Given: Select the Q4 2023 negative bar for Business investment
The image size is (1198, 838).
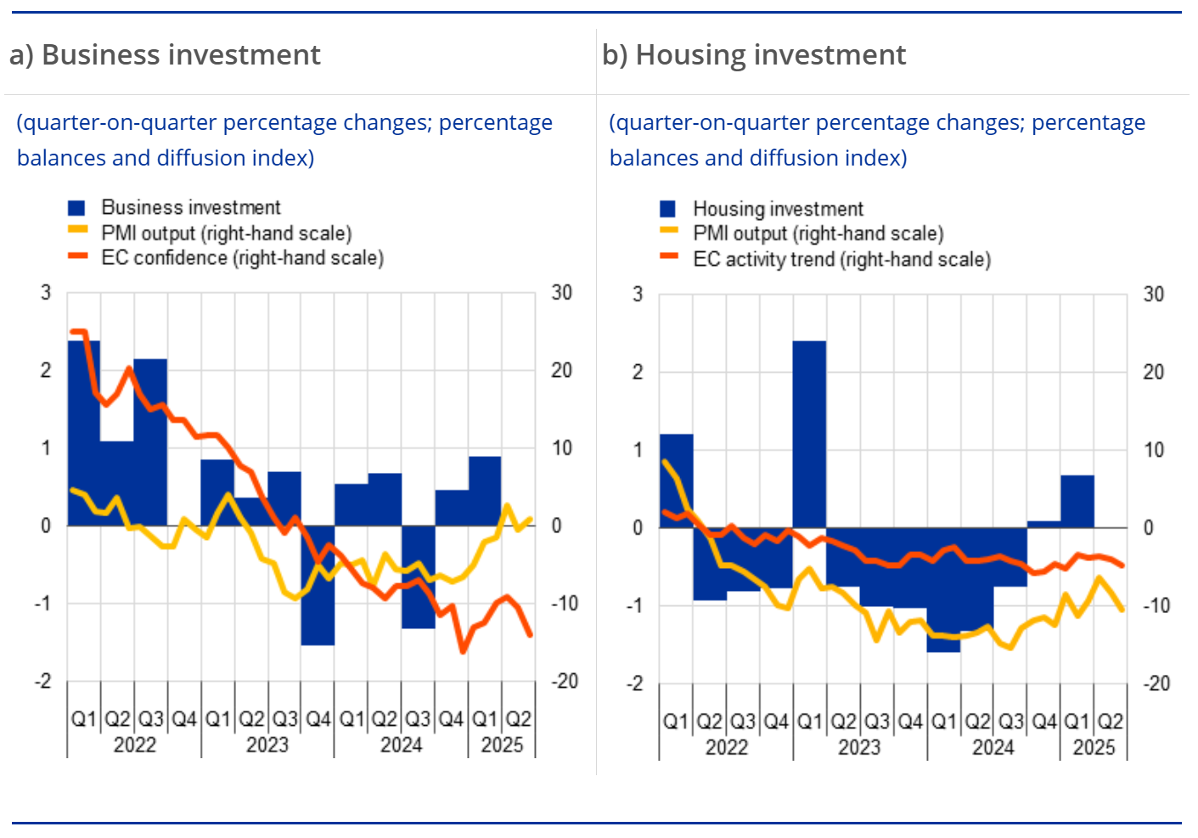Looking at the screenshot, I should [318, 586].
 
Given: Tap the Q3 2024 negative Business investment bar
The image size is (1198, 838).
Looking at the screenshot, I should [418, 577].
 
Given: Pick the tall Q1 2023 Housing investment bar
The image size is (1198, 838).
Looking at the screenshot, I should [809, 433].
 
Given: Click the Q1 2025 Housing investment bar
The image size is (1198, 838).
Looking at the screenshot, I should [1077, 502].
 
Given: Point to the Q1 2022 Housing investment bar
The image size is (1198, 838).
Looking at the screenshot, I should [676, 481].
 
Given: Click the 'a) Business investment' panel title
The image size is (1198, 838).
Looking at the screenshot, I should [165, 55].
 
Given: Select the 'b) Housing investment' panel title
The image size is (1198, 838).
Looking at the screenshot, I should [754, 55].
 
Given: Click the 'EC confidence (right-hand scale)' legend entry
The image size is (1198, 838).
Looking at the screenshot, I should [242, 258].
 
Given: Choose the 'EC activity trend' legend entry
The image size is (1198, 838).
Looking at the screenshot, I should [841, 260].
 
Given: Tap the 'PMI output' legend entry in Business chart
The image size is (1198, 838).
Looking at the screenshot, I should [226, 233].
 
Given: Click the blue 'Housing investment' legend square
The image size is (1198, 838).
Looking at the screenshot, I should [668, 209].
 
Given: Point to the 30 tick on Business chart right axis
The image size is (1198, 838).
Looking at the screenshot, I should [562, 293].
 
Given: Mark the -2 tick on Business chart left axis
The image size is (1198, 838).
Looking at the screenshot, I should [42, 681].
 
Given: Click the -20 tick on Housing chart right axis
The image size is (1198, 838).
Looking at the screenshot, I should [1156, 683].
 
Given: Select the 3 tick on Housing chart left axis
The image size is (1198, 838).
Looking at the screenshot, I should [638, 295].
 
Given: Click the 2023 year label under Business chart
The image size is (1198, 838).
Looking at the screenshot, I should [267, 745].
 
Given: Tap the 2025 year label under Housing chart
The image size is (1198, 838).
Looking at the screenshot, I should [1094, 748].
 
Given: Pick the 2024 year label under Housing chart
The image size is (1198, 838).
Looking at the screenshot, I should [993, 748].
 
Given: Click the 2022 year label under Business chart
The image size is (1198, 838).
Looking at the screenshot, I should [134, 745].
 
